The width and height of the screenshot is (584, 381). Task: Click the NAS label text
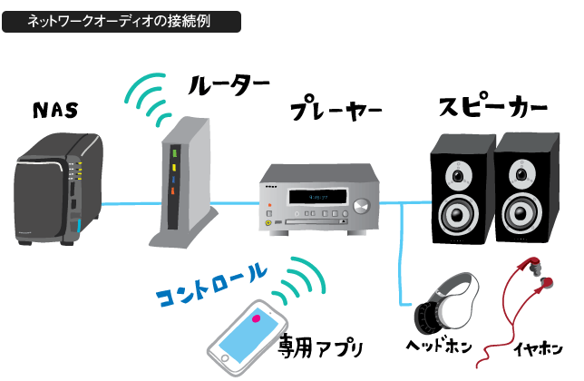(x=54, y=112)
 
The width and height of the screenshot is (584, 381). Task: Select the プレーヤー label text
(x=336, y=112)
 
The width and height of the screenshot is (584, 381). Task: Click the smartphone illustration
(x=248, y=337)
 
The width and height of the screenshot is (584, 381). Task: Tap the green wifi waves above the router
(x=150, y=94)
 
